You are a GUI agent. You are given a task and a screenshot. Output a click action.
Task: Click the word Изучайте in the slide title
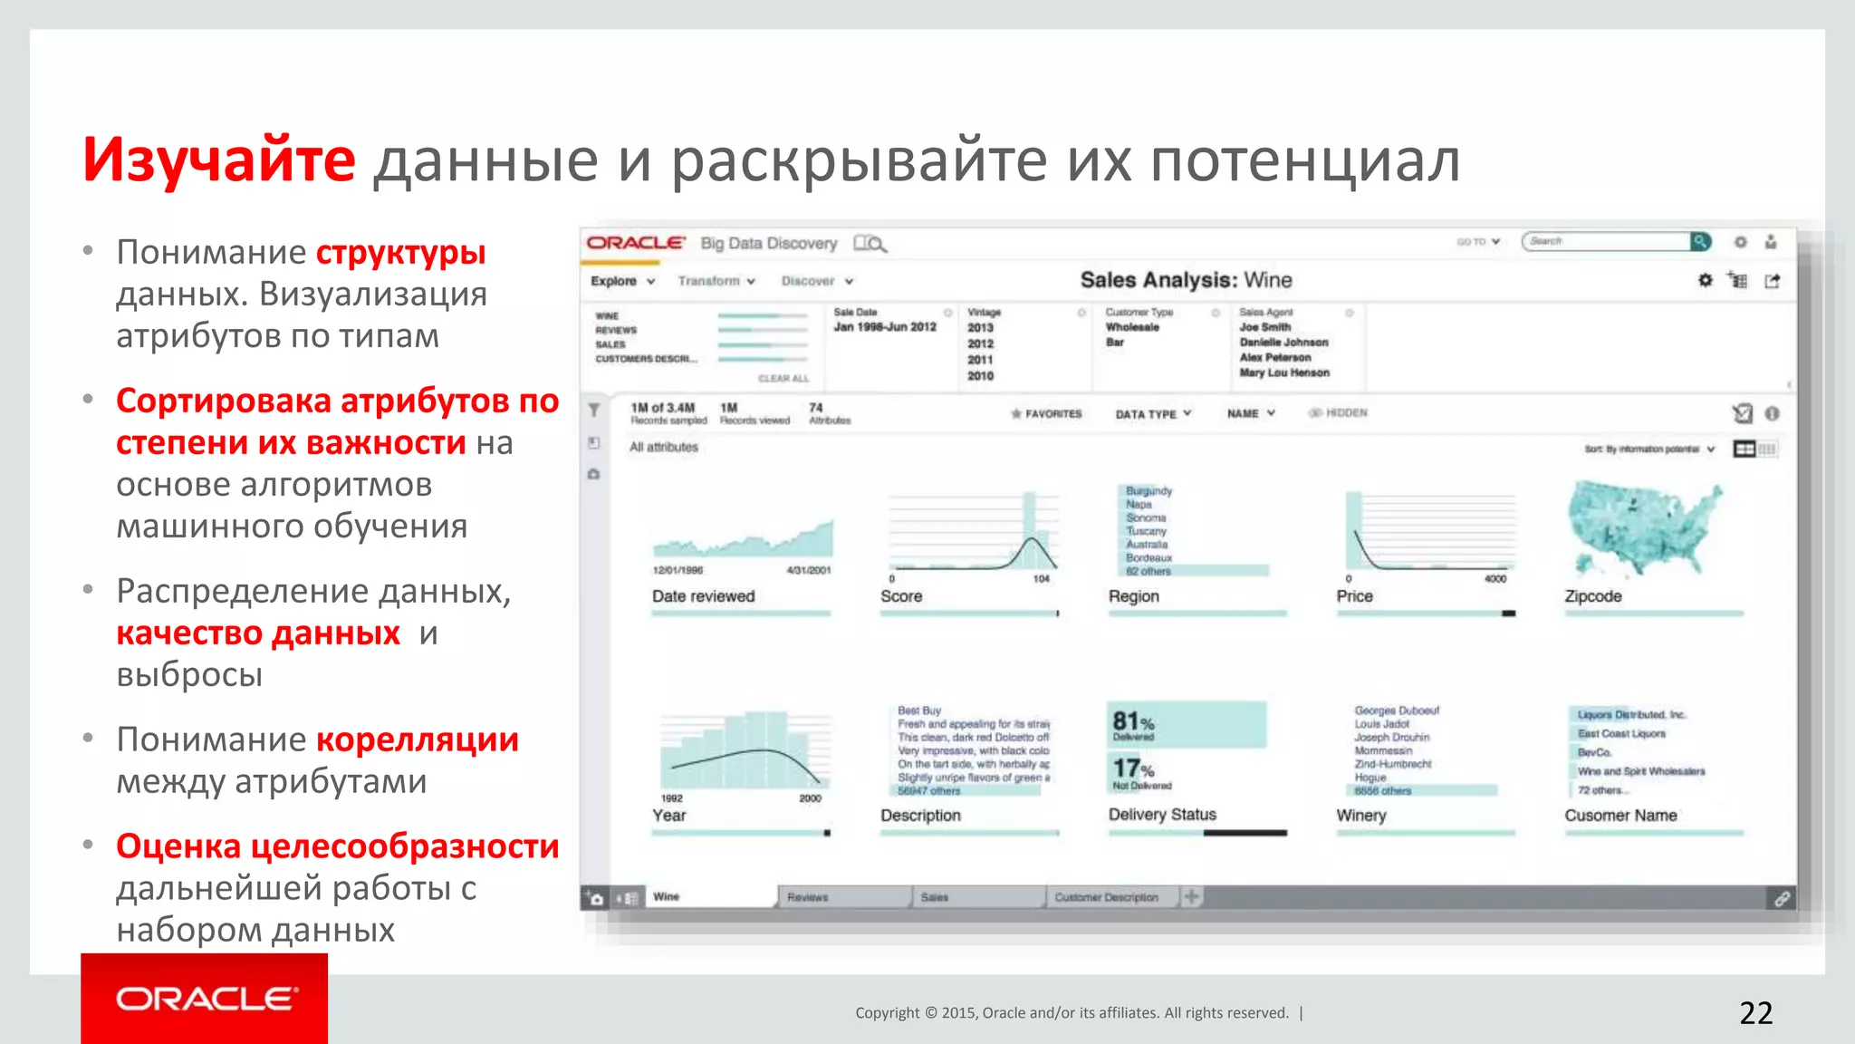(x=218, y=160)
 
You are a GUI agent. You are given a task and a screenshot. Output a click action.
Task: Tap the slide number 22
(x=1755, y=1012)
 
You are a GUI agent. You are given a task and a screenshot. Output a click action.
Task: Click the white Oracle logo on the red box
(x=205, y=999)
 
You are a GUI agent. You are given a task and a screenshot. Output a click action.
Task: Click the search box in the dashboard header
(x=1605, y=241)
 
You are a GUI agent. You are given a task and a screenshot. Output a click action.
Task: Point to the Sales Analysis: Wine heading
(x=1186, y=280)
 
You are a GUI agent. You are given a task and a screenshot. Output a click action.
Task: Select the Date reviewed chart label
(x=703, y=596)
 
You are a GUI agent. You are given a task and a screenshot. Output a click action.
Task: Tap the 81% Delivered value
(x=1133, y=725)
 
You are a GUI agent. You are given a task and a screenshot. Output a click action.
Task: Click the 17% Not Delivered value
(x=1134, y=772)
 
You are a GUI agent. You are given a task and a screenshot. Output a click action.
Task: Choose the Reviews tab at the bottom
(x=808, y=897)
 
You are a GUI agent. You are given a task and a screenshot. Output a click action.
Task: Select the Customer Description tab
(x=1106, y=897)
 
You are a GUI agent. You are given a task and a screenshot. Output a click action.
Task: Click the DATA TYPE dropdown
(x=1152, y=414)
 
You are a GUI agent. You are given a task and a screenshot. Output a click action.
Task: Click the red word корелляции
(x=417, y=739)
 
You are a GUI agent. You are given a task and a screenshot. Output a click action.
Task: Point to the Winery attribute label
(x=1360, y=816)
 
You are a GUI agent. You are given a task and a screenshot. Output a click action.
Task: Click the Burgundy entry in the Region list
(x=1149, y=491)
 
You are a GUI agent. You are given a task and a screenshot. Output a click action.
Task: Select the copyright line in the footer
(x=1072, y=1013)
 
